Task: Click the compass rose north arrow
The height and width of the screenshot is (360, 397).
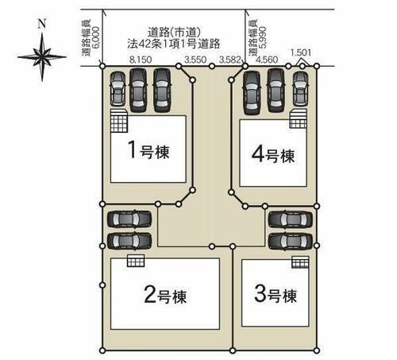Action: (42, 56)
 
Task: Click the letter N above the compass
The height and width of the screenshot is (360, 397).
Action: (42, 24)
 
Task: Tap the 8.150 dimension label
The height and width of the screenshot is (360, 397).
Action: (141, 60)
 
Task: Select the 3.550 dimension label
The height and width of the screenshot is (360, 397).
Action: (195, 60)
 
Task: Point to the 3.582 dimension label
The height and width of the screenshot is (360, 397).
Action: (230, 60)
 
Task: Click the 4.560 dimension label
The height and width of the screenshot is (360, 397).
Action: (267, 60)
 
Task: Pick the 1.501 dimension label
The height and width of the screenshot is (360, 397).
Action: (301, 52)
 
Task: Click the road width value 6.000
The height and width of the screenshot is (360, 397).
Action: (96, 37)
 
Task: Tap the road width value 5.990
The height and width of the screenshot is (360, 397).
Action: (262, 37)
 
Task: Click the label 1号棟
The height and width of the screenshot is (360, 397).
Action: (148, 150)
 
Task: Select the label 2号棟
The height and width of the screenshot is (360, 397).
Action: (165, 295)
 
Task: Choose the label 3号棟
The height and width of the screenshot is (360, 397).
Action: (276, 294)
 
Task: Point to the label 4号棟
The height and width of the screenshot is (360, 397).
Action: (273, 154)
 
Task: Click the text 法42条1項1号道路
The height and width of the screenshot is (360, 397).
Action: (174, 44)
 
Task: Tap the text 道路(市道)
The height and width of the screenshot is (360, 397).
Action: (174, 33)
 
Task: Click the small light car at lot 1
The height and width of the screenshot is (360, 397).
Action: (118, 89)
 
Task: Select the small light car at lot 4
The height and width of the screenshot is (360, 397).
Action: (300, 89)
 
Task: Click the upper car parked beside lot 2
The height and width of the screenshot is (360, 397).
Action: (129, 219)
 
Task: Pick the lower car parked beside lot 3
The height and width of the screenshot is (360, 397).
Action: (291, 241)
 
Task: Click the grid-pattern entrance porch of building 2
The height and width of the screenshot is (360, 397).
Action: (136, 261)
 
